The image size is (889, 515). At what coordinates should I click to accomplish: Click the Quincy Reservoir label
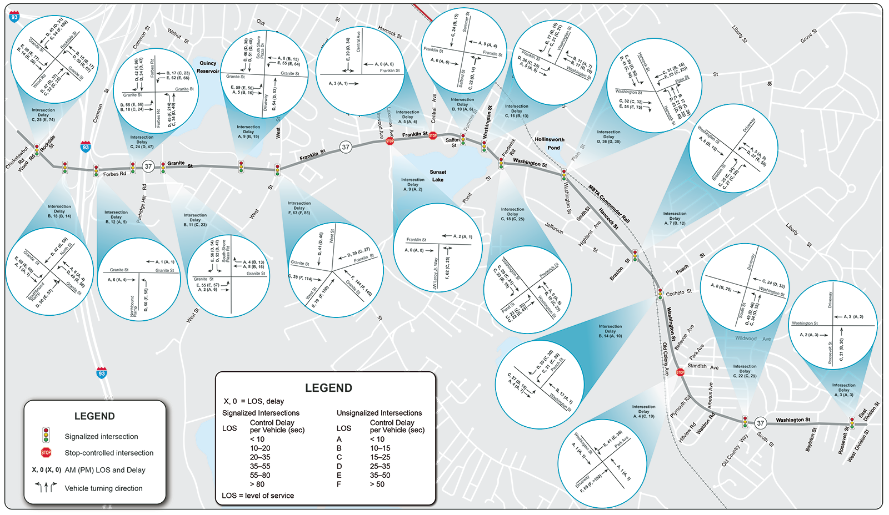208,67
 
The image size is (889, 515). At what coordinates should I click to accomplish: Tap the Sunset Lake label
438,176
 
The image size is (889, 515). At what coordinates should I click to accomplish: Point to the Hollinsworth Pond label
550,143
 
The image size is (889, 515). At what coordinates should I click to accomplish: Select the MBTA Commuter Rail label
609,204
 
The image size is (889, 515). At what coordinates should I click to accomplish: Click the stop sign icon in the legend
46,453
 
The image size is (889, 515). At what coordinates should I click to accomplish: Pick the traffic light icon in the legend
46,435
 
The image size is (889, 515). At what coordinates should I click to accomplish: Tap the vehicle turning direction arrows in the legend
46,487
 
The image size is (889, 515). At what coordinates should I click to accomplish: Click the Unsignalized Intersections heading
379,413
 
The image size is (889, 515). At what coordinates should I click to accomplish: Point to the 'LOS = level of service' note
258,496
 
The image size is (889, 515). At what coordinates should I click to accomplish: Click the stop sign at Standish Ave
680,372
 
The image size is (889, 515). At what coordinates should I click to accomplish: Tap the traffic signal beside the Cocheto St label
660,294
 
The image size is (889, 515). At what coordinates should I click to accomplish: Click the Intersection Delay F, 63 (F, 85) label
299,208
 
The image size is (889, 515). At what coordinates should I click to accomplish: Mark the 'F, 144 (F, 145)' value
361,282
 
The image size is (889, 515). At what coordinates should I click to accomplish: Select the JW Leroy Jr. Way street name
436,273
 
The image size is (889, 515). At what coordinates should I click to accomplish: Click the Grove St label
808,36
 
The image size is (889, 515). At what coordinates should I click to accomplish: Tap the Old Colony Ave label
665,359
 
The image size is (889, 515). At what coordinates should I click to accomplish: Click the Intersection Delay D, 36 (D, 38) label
608,137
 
